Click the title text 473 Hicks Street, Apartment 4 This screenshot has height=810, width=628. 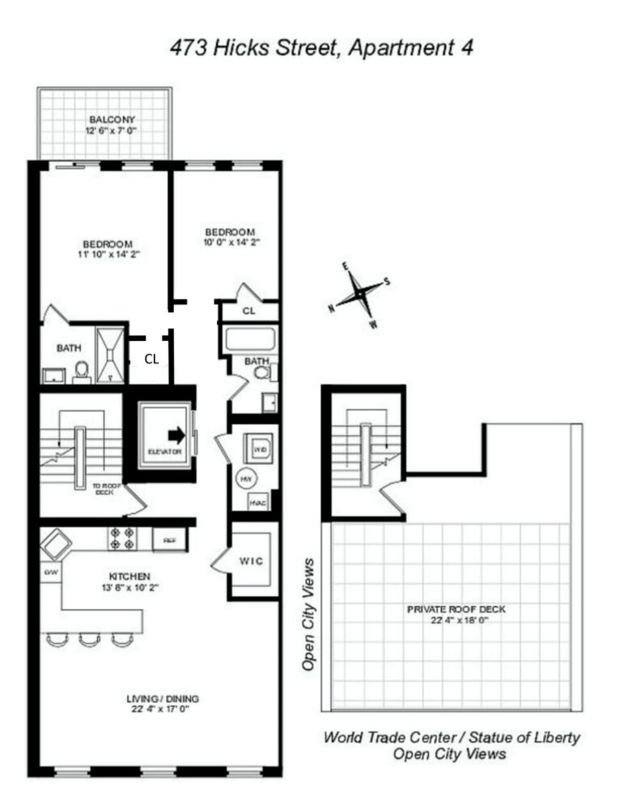(x=321, y=48)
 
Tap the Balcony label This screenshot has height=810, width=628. (x=105, y=118)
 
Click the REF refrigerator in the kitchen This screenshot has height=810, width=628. (x=170, y=539)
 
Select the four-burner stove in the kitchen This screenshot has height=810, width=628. (x=122, y=539)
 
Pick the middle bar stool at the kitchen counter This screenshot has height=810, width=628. (x=87, y=640)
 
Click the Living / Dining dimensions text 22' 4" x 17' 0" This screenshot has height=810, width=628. (x=163, y=710)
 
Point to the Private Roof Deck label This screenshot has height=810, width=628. (x=449, y=607)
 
